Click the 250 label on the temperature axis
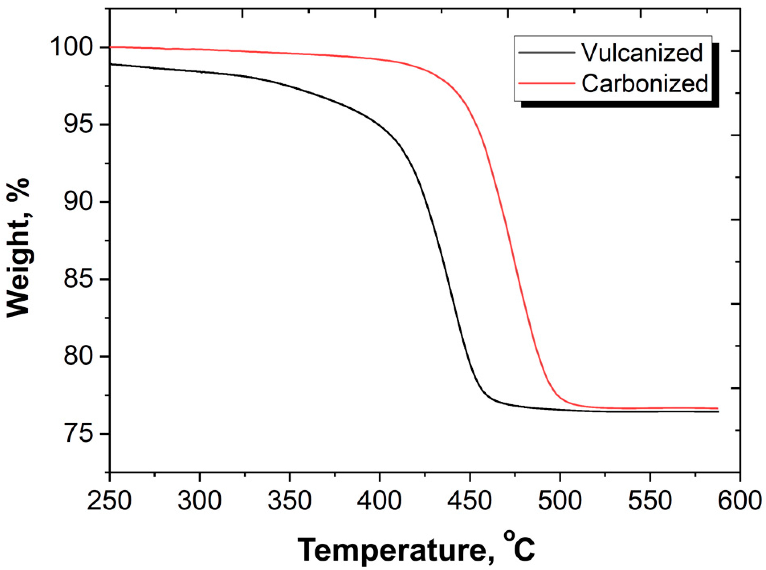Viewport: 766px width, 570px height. coord(109,501)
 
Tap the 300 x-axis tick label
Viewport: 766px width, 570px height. coord(199,501)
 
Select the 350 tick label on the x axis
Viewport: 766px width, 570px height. coord(290,501)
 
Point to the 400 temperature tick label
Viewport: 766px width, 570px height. coord(379,501)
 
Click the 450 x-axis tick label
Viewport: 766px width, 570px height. coord(469,501)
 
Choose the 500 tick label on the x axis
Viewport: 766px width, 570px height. coord(560,501)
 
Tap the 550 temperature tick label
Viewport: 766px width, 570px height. coord(650,501)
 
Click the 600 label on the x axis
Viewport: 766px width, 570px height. coord(740,501)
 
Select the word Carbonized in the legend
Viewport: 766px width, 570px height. coord(645,83)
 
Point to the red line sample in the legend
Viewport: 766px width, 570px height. coord(546,83)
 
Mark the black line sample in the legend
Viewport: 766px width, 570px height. coord(546,53)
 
